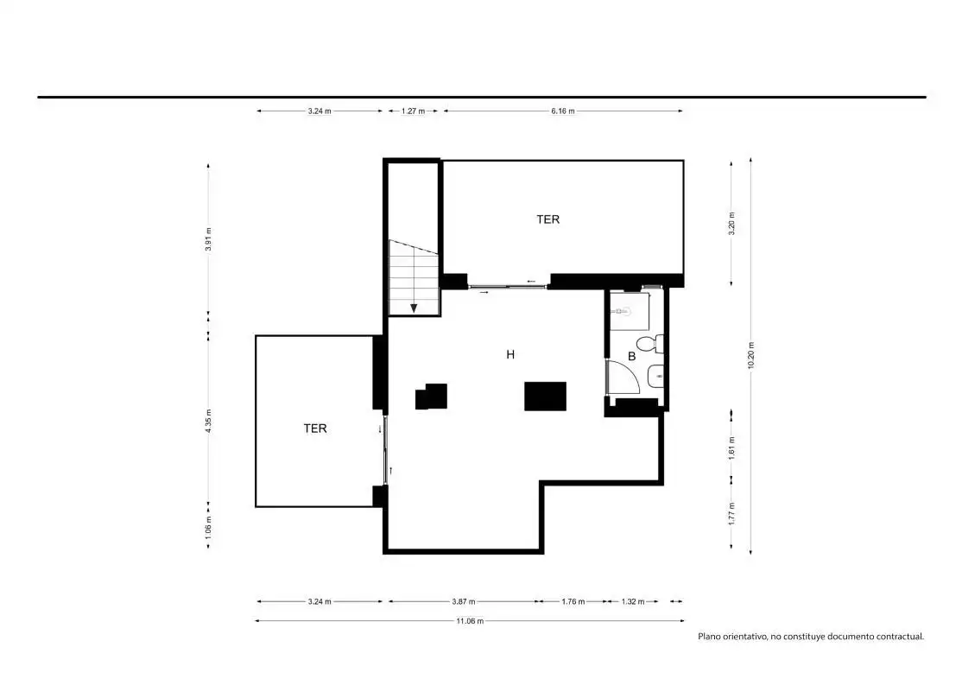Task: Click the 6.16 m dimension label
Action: tap(562, 111)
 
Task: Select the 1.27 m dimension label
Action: tap(413, 111)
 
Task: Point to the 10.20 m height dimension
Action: tap(751, 356)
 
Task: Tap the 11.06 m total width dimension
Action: tap(470, 621)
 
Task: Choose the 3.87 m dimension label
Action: tap(463, 602)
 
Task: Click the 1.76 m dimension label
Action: tap(573, 602)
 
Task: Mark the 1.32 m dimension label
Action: tap(632, 602)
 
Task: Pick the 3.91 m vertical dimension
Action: tap(209, 239)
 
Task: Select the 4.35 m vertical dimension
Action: tap(209, 422)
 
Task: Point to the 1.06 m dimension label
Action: tap(209, 528)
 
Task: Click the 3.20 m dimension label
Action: tap(731, 224)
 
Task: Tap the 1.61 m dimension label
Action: tap(731, 448)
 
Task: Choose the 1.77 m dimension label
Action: tap(731, 513)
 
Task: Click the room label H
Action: tap(510, 354)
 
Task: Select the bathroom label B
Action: tap(631, 356)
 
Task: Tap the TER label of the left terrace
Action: tap(314, 429)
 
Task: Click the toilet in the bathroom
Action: tap(649, 343)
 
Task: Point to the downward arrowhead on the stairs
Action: tap(415, 308)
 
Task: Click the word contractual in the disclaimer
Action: tap(900, 637)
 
